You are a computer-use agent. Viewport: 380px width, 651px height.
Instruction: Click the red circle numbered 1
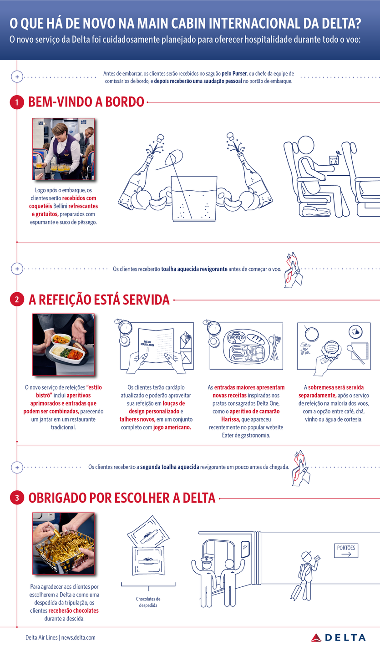(17, 102)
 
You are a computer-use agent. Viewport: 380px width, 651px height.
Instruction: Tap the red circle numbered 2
(17, 300)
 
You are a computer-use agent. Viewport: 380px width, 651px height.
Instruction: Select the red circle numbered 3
(17, 498)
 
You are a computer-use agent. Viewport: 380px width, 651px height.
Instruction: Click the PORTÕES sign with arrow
(346, 550)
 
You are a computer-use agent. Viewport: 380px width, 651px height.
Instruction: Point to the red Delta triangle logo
(316, 638)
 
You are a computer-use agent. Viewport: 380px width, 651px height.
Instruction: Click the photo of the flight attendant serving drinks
(63, 149)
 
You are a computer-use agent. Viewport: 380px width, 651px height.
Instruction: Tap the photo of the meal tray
(63, 344)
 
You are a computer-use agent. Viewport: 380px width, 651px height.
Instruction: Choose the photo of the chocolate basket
(63, 544)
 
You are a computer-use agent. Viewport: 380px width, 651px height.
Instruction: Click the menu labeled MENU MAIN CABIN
(156, 346)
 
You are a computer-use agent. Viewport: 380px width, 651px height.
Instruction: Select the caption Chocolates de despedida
(148, 602)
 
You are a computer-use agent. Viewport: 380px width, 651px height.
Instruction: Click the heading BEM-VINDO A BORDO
(86, 102)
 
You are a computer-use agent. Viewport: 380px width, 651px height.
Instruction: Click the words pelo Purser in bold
(234, 74)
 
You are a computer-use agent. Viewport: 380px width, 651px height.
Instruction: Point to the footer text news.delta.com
(78, 637)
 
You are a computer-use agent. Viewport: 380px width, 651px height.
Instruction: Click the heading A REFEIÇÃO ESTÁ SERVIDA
(99, 300)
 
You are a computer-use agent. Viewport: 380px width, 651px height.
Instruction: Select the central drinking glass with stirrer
(194, 199)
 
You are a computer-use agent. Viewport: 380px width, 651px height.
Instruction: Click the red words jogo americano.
(172, 427)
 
